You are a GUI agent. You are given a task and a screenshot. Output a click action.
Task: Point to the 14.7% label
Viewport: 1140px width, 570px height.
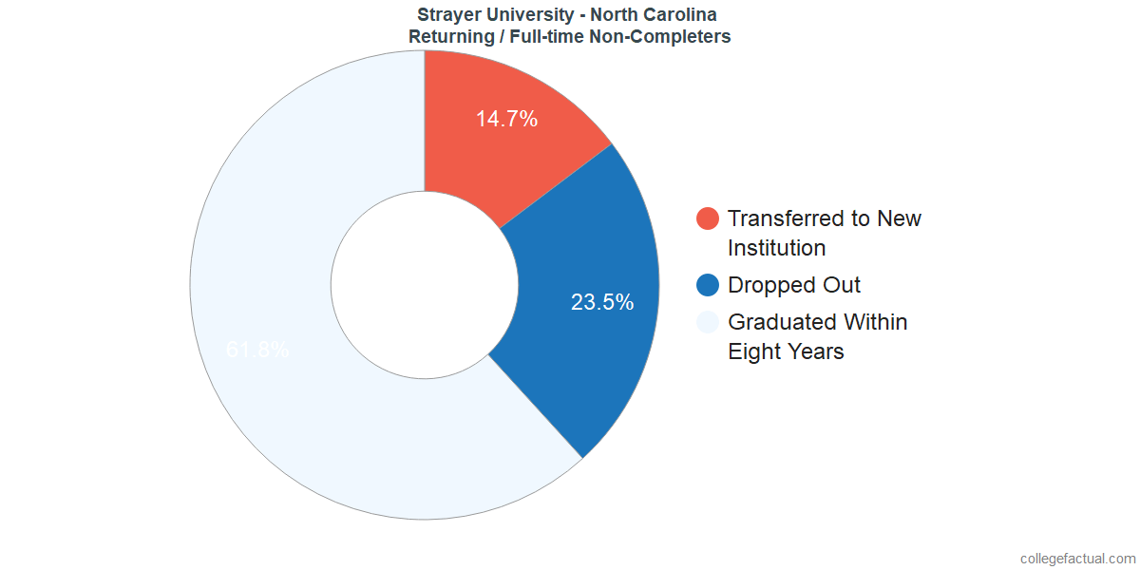(507, 119)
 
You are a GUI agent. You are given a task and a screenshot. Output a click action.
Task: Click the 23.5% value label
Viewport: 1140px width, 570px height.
(602, 302)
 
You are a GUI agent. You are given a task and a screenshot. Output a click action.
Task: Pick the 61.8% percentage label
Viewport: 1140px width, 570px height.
(257, 350)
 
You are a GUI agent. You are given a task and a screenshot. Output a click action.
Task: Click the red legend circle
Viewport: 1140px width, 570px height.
(708, 218)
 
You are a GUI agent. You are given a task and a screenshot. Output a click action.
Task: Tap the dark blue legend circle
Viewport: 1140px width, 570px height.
(708, 285)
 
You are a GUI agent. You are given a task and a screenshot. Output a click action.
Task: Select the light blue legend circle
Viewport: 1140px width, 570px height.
(708, 322)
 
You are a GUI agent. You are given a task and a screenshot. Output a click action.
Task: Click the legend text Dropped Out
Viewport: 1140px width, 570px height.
(794, 285)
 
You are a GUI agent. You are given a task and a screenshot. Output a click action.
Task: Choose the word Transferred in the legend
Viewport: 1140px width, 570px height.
(788, 218)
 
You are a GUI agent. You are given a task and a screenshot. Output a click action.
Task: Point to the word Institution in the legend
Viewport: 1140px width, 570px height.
(776, 248)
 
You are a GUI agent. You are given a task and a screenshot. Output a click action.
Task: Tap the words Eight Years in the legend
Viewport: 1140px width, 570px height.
(786, 351)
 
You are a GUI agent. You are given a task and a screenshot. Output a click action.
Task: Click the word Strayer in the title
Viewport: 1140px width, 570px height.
(450, 15)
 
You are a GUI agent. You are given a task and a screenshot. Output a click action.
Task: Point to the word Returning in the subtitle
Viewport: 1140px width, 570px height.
(450, 37)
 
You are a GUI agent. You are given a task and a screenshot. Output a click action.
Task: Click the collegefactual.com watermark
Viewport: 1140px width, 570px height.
(1076, 559)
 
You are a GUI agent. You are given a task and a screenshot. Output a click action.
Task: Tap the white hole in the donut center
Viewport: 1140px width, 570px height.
(425, 285)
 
